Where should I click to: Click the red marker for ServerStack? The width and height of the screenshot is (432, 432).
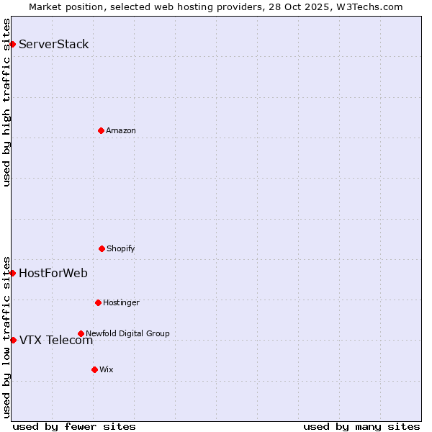[x=12, y=44]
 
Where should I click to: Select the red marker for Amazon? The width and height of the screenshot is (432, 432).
[x=101, y=130]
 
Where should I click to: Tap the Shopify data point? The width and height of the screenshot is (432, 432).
[x=102, y=248]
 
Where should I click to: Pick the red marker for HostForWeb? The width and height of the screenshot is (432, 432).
[x=12, y=273]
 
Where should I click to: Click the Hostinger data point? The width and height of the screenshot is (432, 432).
[x=98, y=302]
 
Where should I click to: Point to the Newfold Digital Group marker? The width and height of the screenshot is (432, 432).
[x=81, y=333]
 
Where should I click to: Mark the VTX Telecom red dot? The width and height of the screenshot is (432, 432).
[x=13, y=340]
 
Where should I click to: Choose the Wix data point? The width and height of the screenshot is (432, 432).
[x=94, y=369]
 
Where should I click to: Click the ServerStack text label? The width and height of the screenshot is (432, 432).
[x=54, y=44]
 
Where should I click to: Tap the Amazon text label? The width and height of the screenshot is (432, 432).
[x=121, y=130]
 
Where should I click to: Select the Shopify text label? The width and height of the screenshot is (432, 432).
[x=121, y=248]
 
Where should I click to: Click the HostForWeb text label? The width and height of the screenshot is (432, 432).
[x=53, y=273]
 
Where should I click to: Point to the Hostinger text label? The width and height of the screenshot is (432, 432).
[x=121, y=302]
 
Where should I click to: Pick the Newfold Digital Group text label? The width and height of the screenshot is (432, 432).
[x=127, y=333]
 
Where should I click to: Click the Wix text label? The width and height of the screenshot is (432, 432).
[x=107, y=369]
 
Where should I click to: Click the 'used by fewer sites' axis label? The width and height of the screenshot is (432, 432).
[x=74, y=426]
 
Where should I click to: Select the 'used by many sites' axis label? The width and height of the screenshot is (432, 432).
[x=361, y=426]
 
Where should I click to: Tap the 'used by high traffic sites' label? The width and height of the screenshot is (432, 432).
[x=6, y=102]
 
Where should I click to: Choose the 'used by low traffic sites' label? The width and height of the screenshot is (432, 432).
[x=6, y=336]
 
